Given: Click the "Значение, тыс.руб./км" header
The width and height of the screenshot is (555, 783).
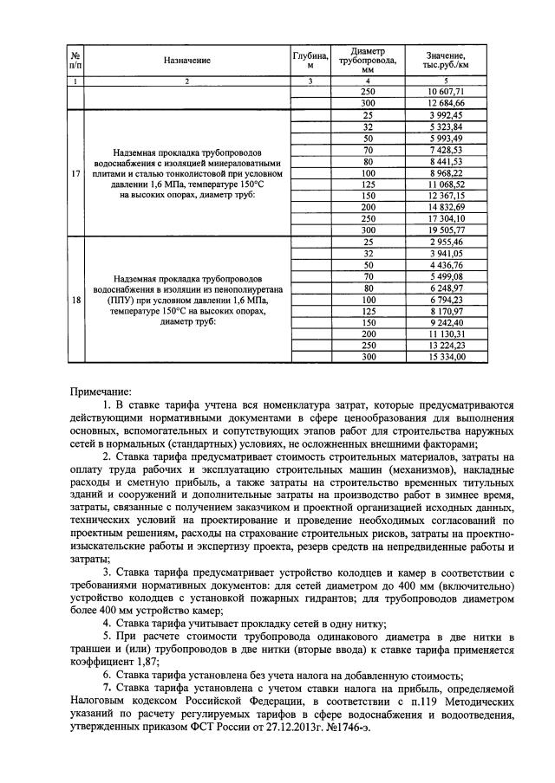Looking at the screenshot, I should point(446,60).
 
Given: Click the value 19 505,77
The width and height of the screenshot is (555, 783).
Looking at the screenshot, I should point(446,230).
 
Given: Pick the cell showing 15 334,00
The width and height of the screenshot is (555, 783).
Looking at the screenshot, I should point(446,357).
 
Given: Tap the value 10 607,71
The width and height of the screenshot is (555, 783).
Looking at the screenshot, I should point(446,92).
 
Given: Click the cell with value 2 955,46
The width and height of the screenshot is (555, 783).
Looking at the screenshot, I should point(446,242).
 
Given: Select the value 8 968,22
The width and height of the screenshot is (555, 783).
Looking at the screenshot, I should point(446,172).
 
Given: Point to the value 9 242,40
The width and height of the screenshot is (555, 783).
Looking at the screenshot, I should point(446,322).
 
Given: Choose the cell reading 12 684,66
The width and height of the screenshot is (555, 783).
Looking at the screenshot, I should point(446,103).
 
